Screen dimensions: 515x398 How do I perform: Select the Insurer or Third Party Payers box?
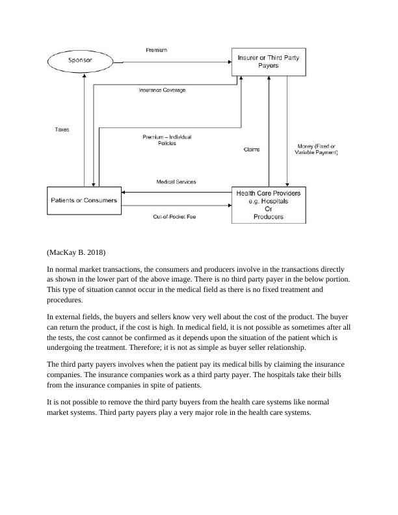[x=268, y=61]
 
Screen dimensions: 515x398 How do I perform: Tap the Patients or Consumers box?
[x=84, y=200]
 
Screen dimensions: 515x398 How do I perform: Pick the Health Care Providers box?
[x=268, y=205]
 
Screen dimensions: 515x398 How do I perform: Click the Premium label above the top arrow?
[x=157, y=50]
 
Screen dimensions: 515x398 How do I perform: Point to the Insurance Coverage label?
[x=162, y=90]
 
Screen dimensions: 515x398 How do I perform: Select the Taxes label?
[x=61, y=130]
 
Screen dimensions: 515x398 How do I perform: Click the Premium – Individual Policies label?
[x=167, y=140]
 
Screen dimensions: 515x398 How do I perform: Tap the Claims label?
[x=252, y=150]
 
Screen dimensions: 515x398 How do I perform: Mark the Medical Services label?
[x=176, y=182]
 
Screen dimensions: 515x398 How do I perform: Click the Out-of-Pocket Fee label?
[x=174, y=217]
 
